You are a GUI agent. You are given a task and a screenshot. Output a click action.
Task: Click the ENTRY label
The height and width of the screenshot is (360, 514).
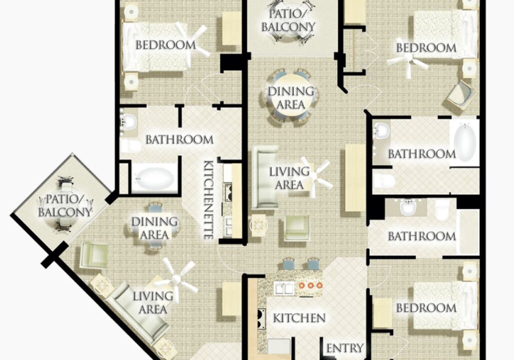[x=345, y=348]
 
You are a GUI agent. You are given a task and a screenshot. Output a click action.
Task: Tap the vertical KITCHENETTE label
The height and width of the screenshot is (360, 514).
[x=208, y=199]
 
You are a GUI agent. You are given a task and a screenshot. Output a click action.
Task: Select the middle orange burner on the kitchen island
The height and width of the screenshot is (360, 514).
[x=310, y=285]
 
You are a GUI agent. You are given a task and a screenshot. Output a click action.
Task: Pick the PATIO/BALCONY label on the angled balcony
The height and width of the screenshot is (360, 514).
[x=64, y=206]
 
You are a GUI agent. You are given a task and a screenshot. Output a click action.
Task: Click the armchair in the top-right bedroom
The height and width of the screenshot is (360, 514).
[x=462, y=95]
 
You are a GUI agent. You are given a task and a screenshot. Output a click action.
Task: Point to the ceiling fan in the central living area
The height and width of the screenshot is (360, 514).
[x=314, y=177]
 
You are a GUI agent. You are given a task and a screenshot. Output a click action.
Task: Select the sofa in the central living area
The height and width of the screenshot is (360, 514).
[x=265, y=177]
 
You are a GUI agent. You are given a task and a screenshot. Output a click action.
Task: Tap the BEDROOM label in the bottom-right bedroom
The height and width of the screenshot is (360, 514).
[x=426, y=308]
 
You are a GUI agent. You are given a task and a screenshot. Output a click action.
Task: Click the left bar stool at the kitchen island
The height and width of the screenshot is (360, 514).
[x=289, y=263]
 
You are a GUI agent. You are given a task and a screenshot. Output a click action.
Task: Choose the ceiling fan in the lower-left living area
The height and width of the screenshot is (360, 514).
[x=176, y=279]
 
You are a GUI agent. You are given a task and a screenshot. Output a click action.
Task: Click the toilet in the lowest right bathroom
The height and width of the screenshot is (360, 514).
[x=442, y=210]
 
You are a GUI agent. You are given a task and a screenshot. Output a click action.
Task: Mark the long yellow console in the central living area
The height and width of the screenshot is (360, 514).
[x=355, y=177]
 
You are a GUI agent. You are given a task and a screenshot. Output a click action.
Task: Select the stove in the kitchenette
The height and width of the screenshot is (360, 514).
[x=227, y=193]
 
